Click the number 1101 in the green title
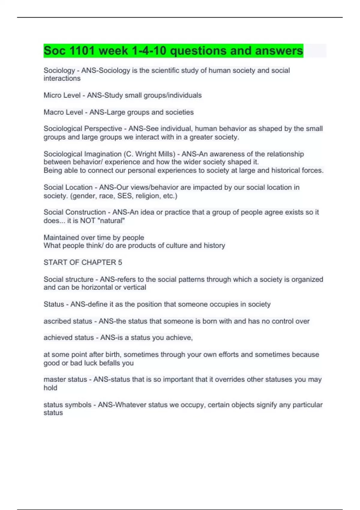(x=82, y=51)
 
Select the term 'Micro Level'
(x=62, y=95)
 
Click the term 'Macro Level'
(x=63, y=112)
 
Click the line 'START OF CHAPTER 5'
(x=83, y=262)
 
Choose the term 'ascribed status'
(x=68, y=321)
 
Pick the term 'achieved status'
(x=69, y=338)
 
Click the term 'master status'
(x=65, y=379)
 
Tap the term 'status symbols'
(x=67, y=405)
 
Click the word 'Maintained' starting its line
(x=61, y=238)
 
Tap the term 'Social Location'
(x=68, y=187)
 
